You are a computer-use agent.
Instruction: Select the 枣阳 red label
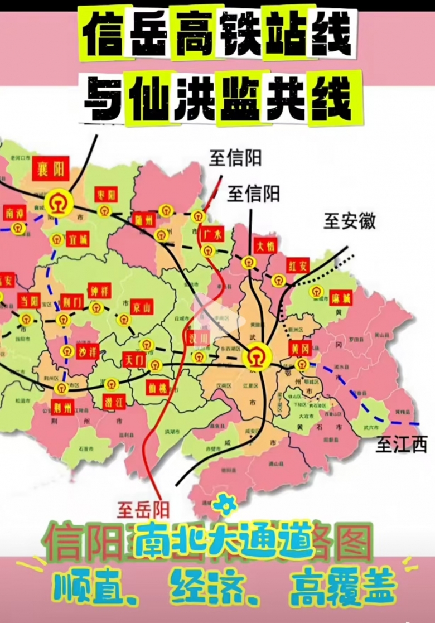pos(105,195)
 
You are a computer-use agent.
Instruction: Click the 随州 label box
pos(144,220)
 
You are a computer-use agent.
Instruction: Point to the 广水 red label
pos(211,234)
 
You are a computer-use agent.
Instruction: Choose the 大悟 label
pos(264,245)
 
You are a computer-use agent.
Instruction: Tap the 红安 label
pos(297,265)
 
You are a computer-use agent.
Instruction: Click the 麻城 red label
pos(340,297)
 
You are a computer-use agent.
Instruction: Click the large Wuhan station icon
pos(257,356)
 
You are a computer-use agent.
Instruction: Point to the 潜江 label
pos(114,400)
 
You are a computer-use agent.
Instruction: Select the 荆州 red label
pos(62,407)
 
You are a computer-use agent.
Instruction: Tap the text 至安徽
pos(350,221)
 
